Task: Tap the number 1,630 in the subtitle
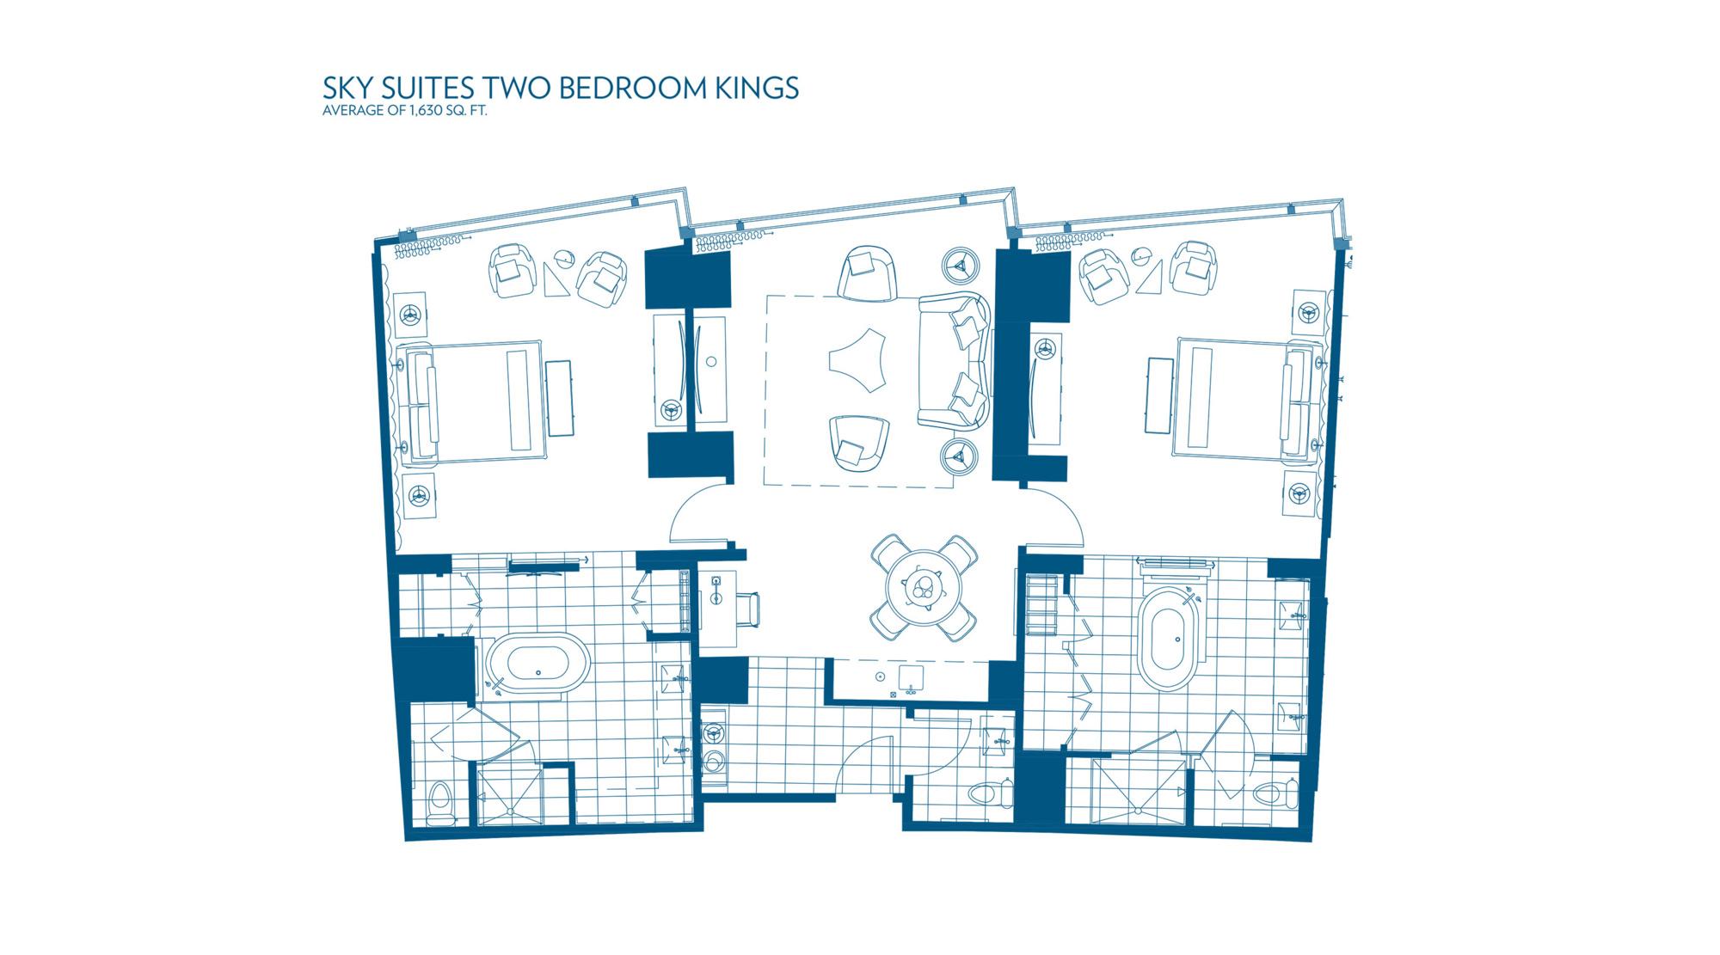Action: coord(422,111)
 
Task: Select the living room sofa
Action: coord(954,361)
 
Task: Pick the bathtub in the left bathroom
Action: coord(538,666)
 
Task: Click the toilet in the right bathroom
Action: coord(1274,793)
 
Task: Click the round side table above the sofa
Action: coord(961,266)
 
